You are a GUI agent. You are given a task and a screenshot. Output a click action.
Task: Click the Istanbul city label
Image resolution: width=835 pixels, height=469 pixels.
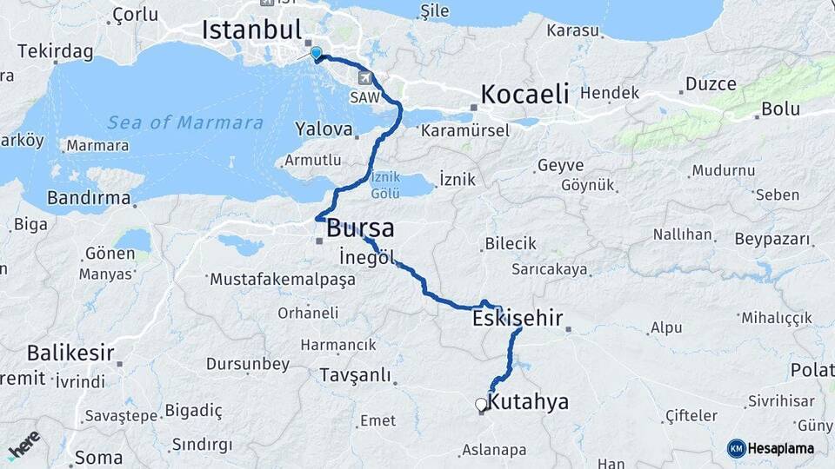pyautogui.click(x=251, y=30)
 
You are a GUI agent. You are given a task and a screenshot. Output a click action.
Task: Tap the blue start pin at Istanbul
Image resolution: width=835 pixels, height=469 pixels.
pyautogui.click(x=316, y=53)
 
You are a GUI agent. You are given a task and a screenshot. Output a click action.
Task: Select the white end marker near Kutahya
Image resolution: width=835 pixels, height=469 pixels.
pyautogui.click(x=480, y=404)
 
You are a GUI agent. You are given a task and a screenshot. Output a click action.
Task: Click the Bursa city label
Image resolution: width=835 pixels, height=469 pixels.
pyautogui.click(x=360, y=229)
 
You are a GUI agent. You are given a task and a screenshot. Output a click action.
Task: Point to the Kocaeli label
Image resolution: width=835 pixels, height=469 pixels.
pyautogui.click(x=524, y=94)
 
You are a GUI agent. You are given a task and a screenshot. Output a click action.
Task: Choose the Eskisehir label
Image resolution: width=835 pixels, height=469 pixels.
pyautogui.click(x=518, y=319)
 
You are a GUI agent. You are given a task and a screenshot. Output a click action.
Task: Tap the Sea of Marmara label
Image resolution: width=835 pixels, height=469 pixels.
pyautogui.click(x=184, y=122)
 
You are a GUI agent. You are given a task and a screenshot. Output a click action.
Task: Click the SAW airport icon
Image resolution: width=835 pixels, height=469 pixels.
pyautogui.click(x=363, y=77)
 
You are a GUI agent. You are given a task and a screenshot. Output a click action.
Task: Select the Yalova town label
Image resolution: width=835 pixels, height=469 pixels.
pyautogui.click(x=324, y=129)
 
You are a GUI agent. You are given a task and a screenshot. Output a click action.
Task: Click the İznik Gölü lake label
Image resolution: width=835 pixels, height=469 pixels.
pyautogui.click(x=384, y=182)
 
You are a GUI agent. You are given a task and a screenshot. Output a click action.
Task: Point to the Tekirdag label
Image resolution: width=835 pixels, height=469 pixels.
pyautogui.click(x=55, y=52)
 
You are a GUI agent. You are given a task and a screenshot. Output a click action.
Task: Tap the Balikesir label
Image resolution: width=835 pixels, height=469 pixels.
pyautogui.click(x=70, y=353)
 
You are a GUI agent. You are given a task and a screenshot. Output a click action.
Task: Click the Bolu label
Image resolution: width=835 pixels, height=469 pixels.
pyautogui.click(x=780, y=109)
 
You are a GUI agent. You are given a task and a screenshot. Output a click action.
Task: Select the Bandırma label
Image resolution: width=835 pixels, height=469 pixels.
pyautogui.click(x=88, y=198)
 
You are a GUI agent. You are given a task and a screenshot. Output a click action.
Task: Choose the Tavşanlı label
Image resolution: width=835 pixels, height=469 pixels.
pyautogui.click(x=356, y=375)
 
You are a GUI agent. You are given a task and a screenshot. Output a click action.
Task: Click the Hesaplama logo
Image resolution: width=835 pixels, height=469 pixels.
pyautogui.click(x=771, y=448)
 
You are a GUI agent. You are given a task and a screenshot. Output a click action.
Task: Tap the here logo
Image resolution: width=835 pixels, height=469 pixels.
pyautogui.click(x=23, y=446)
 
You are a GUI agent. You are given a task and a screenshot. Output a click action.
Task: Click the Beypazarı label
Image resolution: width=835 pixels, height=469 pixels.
pyautogui.click(x=772, y=239)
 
